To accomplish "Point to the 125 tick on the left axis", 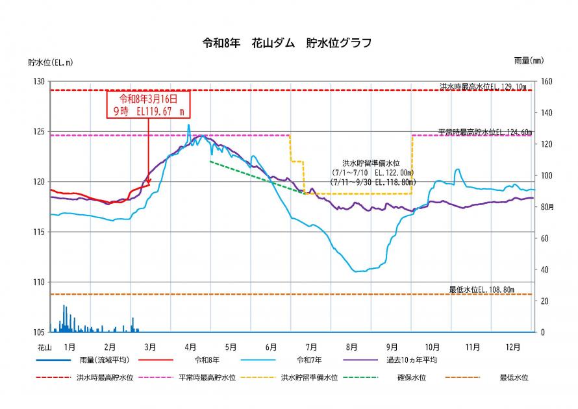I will coord(40,132).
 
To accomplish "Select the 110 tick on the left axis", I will coord(40,282).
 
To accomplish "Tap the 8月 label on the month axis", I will coord(352,347).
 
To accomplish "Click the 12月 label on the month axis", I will coord(513,347).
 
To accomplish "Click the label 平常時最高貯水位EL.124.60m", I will coord(484,132).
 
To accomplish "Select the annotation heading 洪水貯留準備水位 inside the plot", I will coord(370,164).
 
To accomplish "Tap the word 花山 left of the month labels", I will coord(44,347).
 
